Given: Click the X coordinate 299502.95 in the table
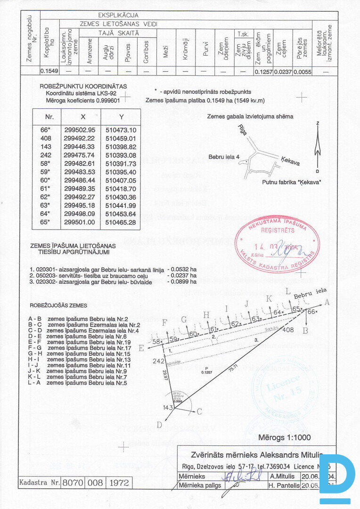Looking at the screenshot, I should coord(79,130).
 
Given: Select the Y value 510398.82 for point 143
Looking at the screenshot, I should coord(121,147).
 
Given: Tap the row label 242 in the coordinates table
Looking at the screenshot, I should coord(46,155).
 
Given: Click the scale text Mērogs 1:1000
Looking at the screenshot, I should coord(284,437).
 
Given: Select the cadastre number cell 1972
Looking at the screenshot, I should coord(119,483).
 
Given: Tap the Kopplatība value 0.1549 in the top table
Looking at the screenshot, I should coord(49,71).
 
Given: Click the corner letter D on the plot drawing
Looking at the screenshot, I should coord(159,425).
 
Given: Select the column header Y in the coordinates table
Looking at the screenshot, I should coord(121,116).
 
